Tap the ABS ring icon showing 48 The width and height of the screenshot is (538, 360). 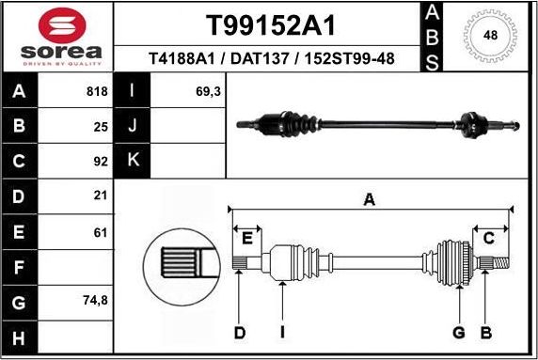[x=490, y=36]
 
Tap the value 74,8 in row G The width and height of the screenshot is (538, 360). [x=95, y=302]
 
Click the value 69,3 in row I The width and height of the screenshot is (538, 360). [x=207, y=92]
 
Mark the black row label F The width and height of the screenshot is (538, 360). [x=20, y=267]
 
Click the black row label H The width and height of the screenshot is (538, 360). [x=20, y=337]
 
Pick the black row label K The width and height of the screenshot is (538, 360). [x=133, y=161]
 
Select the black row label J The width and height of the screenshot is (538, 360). [x=133, y=126]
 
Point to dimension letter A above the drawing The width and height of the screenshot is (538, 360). [x=370, y=199]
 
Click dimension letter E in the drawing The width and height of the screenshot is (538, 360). [x=248, y=236]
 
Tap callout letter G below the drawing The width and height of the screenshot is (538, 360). [x=459, y=332]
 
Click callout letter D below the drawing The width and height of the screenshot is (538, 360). [x=240, y=332]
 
